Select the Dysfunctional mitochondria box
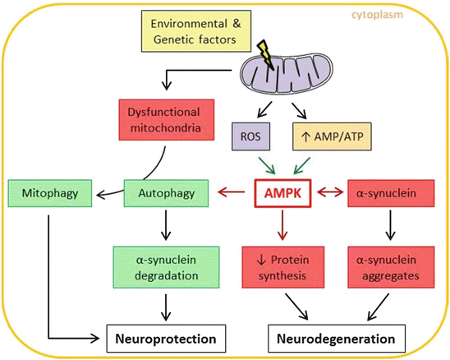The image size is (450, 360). tap(163, 122)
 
